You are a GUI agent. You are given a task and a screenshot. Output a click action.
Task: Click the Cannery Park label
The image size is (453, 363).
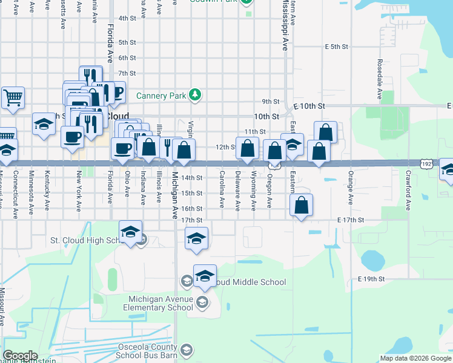click(x=160, y=95)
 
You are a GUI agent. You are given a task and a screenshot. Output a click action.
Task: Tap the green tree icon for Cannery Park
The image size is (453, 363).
click(x=195, y=95)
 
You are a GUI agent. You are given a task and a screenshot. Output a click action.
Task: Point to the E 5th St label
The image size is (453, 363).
click(x=337, y=46)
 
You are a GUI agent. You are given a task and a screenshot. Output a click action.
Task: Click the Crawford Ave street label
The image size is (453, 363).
click(x=409, y=194)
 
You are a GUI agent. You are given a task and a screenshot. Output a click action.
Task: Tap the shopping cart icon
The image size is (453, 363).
click(x=13, y=97)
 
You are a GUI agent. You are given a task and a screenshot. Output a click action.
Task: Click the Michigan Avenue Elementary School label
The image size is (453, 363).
click(x=160, y=303)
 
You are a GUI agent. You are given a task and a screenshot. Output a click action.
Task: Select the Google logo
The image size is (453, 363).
click(x=20, y=356)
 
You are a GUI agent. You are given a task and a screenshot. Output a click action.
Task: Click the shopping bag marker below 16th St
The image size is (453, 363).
click(x=301, y=205)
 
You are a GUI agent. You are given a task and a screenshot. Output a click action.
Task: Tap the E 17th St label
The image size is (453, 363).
click(x=350, y=220)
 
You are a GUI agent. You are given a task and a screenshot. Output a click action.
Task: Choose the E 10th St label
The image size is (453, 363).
click(x=311, y=106)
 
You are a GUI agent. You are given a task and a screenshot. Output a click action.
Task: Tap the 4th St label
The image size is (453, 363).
click(x=127, y=18)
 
